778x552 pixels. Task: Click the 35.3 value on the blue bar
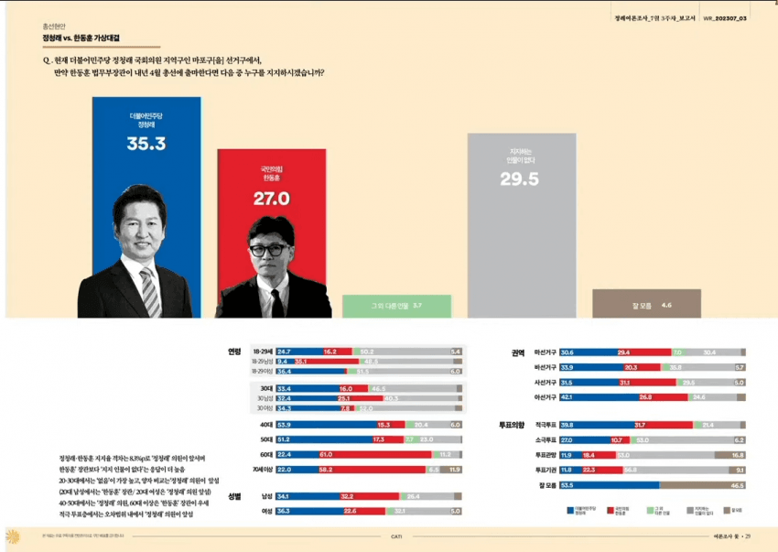[x=146, y=144]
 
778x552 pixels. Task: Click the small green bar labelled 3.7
[x=396, y=306]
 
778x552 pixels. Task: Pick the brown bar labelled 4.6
[x=646, y=304]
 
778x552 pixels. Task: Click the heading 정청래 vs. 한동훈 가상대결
[x=81, y=38]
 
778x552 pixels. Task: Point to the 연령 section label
[x=234, y=352]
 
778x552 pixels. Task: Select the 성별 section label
[x=234, y=496]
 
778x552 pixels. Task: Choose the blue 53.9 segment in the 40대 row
[x=311, y=426]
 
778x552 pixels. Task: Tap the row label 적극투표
[x=546, y=426]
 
